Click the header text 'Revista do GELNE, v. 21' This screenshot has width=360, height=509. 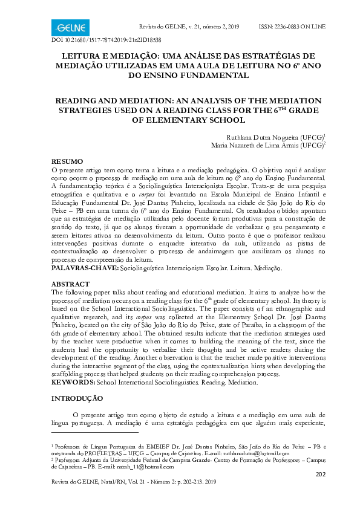pos(171,27)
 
